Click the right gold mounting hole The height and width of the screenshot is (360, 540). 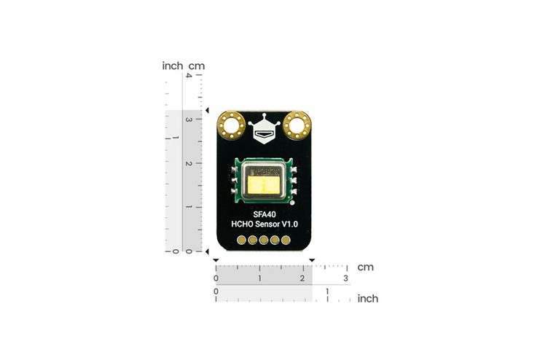[297, 125]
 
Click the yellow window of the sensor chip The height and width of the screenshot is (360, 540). [265, 187]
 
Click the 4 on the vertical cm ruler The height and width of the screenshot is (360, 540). [189, 75]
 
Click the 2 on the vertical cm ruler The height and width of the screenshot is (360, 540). [189, 163]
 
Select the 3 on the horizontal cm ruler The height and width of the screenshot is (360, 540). [345, 279]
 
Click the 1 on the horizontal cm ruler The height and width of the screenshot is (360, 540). [259, 279]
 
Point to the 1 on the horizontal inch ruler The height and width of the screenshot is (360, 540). [327, 291]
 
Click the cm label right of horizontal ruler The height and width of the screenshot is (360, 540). [365, 267]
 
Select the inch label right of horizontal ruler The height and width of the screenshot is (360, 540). [367, 299]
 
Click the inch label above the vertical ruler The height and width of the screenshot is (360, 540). [173, 66]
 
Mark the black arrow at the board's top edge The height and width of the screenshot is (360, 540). [206, 111]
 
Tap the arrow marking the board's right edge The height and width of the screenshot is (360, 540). [312, 260]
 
